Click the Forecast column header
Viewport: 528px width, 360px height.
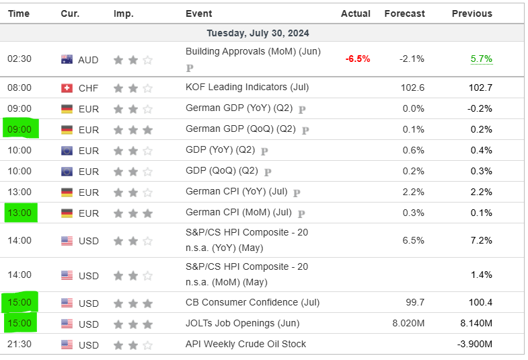click(404, 13)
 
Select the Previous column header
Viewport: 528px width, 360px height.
click(472, 13)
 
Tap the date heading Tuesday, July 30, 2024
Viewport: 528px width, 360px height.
click(258, 33)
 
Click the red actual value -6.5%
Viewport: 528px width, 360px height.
click(358, 59)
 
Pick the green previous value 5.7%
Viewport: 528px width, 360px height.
click(481, 59)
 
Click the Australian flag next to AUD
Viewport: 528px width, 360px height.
click(67, 59)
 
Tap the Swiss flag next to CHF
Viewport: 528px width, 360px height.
click(67, 87)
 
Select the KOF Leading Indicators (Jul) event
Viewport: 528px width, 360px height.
click(247, 87)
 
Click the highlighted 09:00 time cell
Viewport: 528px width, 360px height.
click(19, 129)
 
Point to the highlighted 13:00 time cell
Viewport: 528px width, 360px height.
click(19, 213)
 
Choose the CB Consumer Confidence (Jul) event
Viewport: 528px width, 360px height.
click(252, 303)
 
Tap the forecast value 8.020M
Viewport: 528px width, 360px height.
click(408, 324)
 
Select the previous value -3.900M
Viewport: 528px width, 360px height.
click(475, 345)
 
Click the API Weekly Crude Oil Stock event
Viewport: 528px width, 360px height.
click(246, 344)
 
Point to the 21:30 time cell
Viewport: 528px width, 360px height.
click(19, 345)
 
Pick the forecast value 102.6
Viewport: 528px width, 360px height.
click(412, 87)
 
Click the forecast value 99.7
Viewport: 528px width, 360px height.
click(414, 303)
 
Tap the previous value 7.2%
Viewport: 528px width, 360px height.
click(481, 240)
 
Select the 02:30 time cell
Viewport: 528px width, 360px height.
click(19, 59)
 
